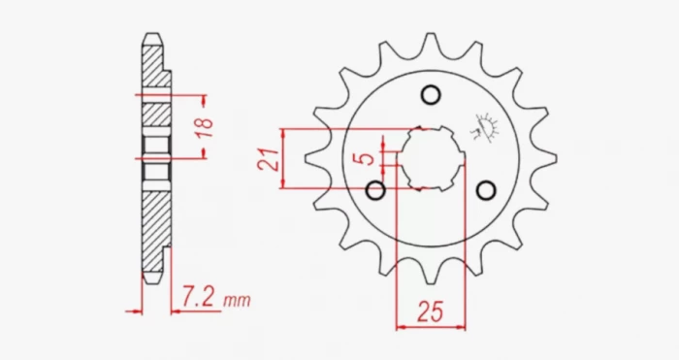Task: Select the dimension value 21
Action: point(269,159)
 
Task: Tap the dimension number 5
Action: point(368,158)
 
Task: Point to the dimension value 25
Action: point(431,311)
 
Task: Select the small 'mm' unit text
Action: point(237,300)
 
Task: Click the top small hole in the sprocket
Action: point(431,95)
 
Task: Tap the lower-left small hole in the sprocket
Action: point(375,190)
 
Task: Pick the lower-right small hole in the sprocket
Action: point(486,190)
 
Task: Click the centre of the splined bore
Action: point(432,158)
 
